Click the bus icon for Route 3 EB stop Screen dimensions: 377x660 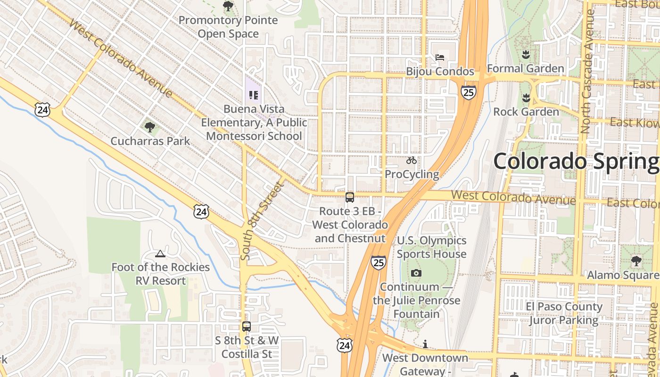point(349,197)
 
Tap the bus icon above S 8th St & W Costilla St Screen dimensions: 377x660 point(246,326)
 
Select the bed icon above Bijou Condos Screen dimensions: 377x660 point(440,58)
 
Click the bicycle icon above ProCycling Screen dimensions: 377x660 point(412,161)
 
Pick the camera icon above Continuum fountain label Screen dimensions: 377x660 point(416,273)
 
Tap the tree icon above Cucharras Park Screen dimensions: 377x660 point(150,127)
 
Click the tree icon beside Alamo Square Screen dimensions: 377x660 point(636,261)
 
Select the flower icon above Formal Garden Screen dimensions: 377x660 point(526,54)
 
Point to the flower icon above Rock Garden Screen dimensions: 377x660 point(526,98)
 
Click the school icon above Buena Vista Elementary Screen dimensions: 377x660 point(254,95)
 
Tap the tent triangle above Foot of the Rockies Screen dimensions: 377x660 point(160,254)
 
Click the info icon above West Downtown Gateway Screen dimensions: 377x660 point(425,344)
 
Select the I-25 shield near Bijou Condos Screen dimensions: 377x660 point(468,92)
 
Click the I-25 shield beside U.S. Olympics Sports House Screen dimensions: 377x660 point(378,262)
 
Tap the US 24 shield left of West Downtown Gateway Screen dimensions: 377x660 point(344,345)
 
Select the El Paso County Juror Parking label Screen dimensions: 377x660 point(564,313)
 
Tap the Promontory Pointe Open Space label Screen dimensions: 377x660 point(228,27)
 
